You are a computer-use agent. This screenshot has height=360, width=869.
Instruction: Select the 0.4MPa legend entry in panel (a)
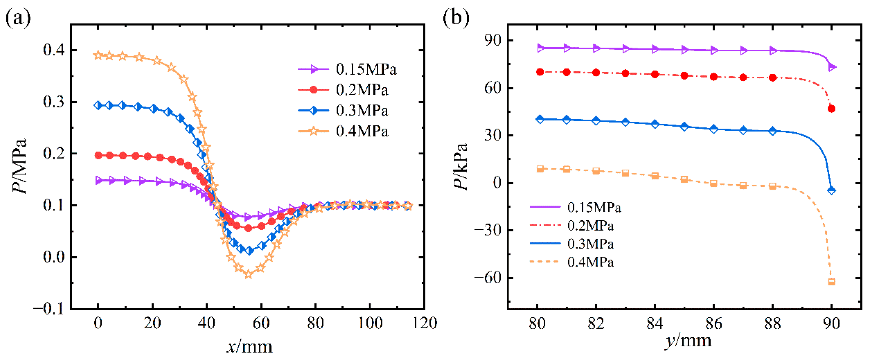[x=343, y=131]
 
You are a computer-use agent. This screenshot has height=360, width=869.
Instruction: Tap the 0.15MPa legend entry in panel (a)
[x=347, y=69]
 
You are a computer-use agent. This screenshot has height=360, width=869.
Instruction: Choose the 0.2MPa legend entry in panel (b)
[x=572, y=225]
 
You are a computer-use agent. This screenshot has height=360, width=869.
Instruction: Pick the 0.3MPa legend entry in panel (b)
[x=572, y=244]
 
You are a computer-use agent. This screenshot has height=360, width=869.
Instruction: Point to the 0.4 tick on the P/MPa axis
[x=54, y=50]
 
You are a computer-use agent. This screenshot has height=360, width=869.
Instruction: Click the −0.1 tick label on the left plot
[x=49, y=309]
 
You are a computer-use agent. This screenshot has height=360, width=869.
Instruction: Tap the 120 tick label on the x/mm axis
[x=424, y=323]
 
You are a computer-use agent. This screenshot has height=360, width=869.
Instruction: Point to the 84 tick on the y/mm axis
[x=655, y=323]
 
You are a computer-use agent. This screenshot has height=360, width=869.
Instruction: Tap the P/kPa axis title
[x=460, y=166]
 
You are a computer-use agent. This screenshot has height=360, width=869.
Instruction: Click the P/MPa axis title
[x=19, y=166]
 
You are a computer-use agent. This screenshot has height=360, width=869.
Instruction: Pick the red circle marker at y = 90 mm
[x=832, y=109]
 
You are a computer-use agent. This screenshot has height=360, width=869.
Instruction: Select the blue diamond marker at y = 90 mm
[x=832, y=190]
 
